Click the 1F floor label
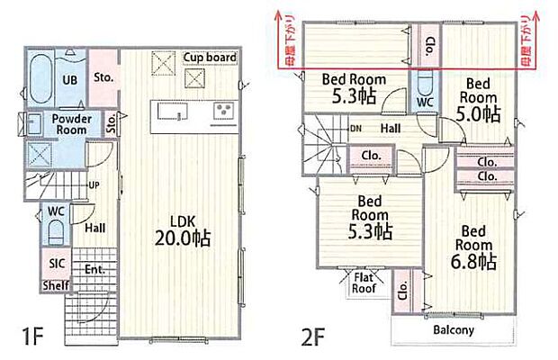(x=32, y=337)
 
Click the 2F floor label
(x=313, y=337)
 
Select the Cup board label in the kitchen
(x=210, y=58)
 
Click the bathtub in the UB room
(x=40, y=78)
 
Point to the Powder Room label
(x=71, y=124)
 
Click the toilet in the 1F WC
(x=55, y=232)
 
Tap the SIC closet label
(x=57, y=264)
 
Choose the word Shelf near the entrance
(x=56, y=285)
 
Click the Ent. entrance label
(x=94, y=269)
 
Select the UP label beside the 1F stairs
(x=94, y=185)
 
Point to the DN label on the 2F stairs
(x=355, y=129)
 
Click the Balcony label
(x=454, y=329)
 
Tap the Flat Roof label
(x=364, y=283)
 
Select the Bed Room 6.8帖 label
(x=473, y=247)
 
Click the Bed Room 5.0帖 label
(x=478, y=100)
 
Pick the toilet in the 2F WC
(x=425, y=81)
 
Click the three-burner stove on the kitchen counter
(x=223, y=111)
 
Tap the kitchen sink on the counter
(x=172, y=111)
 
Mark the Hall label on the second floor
(x=391, y=128)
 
